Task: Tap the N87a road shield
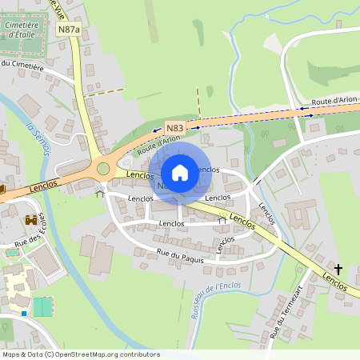tap(69, 29)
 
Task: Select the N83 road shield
tap(174, 127)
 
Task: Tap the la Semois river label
tap(36, 138)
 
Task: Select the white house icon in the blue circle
tap(180, 172)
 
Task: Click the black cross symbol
tap(338, 269)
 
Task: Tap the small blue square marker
tap(25, 314)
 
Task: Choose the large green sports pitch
tap(42, 306)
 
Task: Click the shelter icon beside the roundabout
tap(100, 192)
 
